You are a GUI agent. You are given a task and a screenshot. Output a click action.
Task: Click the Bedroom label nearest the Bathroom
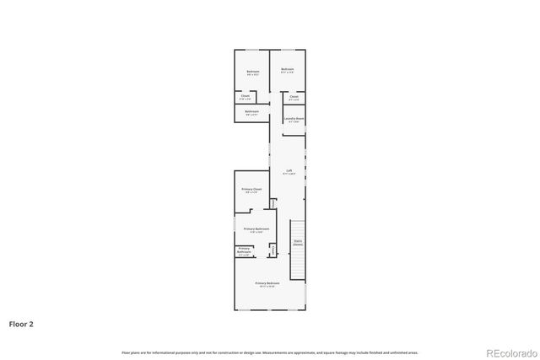(252, 72)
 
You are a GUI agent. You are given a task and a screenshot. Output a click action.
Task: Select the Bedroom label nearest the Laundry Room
(287, 68)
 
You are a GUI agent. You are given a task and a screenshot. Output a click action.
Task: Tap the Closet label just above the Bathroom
(245, 96)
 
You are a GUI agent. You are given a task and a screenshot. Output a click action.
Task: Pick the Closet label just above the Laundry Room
(294, 96)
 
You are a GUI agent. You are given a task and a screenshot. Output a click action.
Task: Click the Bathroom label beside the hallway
(251, 111)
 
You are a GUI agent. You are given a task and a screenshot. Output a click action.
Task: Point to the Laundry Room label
(294, 119)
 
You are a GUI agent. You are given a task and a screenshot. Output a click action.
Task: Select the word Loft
(289, 170)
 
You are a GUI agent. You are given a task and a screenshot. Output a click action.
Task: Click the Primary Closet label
(251, 189)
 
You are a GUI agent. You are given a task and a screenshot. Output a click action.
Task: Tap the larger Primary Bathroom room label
(256, 228)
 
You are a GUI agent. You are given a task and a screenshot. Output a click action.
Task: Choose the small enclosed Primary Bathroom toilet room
(244, 250)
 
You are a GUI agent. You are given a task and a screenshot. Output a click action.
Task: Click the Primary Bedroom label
(267, 283)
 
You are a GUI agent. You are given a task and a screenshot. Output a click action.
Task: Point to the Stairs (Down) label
(297, 242)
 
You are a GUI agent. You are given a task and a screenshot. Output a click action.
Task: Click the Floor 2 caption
(21, 323)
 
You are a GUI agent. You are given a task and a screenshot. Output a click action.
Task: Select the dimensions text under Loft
(289, 174)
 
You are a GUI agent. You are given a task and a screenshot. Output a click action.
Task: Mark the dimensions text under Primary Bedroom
(267, 287)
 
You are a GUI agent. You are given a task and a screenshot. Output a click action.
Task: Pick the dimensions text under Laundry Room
(294, 122)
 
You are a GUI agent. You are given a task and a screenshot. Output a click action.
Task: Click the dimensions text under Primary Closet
(251, 192)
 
